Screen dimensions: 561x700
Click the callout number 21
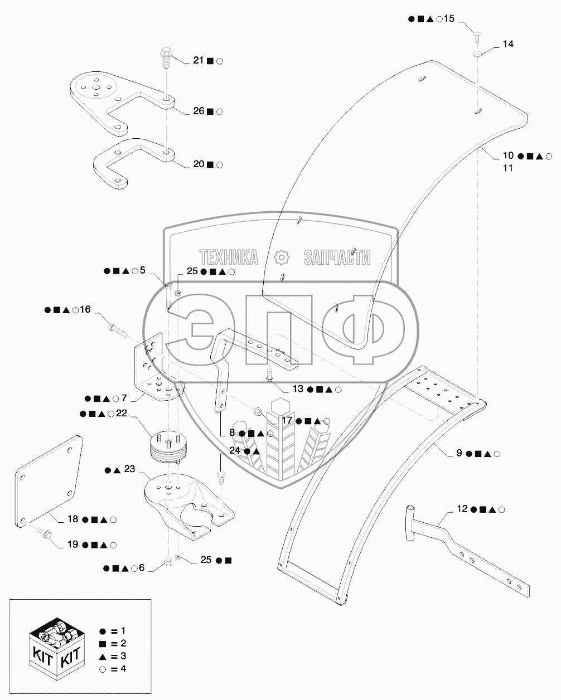point(199,61)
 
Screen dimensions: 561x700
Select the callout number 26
point(199,111)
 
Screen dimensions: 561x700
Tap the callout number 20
point(199,164)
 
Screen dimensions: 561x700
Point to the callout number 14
point(508,43)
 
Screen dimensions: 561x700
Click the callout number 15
point(449,19)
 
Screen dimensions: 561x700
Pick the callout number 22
point(122,414)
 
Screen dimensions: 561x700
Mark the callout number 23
point(129,470)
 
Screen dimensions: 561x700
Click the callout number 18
point(73,519)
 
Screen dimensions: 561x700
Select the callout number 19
point(73,545)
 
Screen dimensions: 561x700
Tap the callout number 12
point(462,509)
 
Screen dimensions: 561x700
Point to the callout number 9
point(459,453)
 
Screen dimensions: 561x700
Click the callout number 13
point(298,389)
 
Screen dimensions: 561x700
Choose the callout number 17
point(287,421)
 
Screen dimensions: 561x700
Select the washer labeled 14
point(478,54)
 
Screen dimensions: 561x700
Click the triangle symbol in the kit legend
point(103,655)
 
